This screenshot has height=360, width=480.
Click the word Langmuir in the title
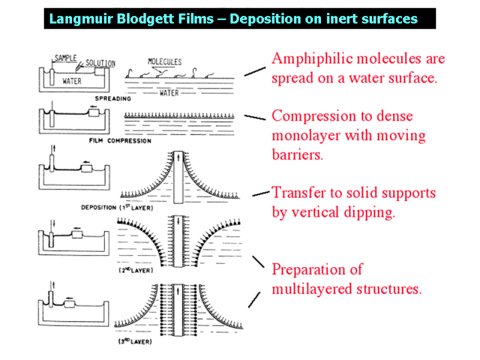tap(76, 19)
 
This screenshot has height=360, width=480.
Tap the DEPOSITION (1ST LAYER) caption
tap(117, 208)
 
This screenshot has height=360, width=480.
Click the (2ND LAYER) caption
tap(136, 271)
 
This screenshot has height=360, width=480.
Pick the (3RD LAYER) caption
tap(135, 341)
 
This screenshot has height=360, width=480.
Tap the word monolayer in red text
tap(311, 136)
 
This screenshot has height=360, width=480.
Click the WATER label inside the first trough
tap(72, 82)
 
